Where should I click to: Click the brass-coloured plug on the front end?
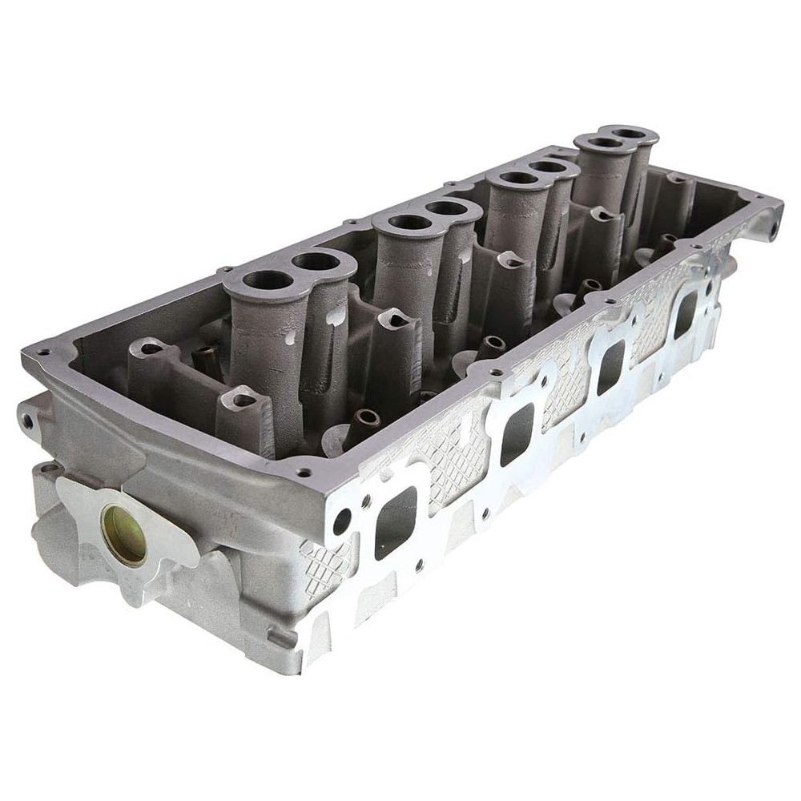[124, 535]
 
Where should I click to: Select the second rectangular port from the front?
[517, 434]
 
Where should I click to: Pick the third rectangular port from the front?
[611, 366]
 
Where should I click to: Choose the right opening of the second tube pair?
[450, 208]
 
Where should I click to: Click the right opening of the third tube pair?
[552, 167]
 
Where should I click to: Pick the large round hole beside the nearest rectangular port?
[342, 521]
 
